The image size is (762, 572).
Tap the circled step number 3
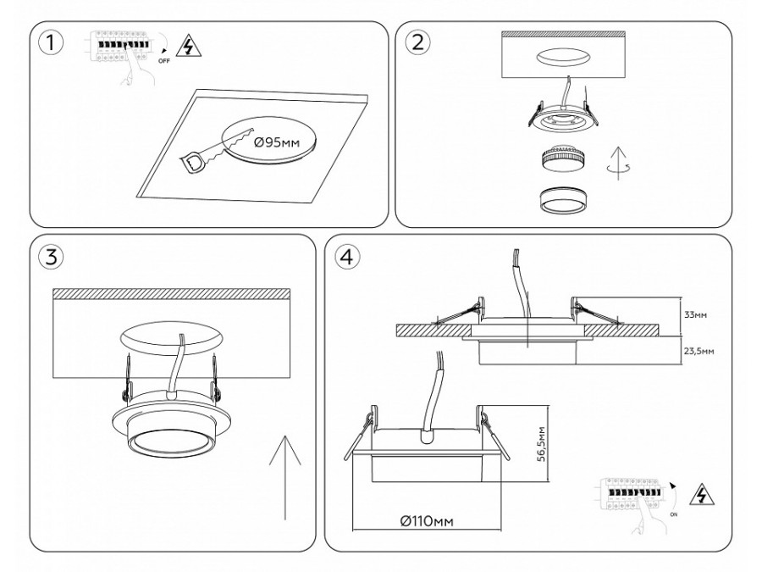point(52,258)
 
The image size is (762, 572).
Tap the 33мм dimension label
point(695,314)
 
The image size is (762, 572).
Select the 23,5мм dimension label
point(698,349)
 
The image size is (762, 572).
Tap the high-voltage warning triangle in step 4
point(699,495)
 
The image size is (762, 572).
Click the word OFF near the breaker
point(163,62)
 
